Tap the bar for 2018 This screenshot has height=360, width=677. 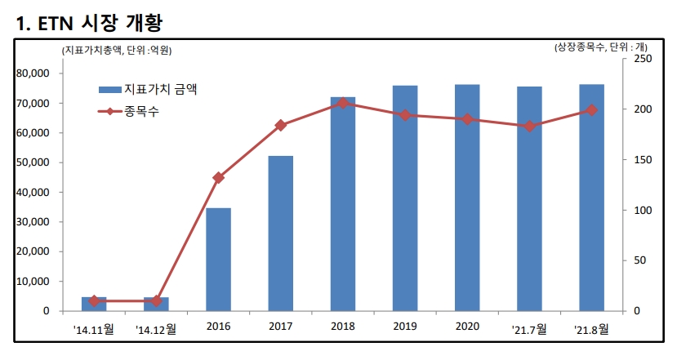[343, 204]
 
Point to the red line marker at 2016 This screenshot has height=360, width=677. [218, 177]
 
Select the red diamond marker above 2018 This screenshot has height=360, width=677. [343, 103]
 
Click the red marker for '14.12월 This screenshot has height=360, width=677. [156, 301]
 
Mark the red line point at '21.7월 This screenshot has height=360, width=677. [529, 126]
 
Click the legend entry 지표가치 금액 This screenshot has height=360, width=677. [159, 89]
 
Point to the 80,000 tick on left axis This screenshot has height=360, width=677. [33, 73]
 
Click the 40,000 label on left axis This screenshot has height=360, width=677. [33, 193]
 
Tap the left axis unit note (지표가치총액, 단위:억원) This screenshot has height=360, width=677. [117, 50]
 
